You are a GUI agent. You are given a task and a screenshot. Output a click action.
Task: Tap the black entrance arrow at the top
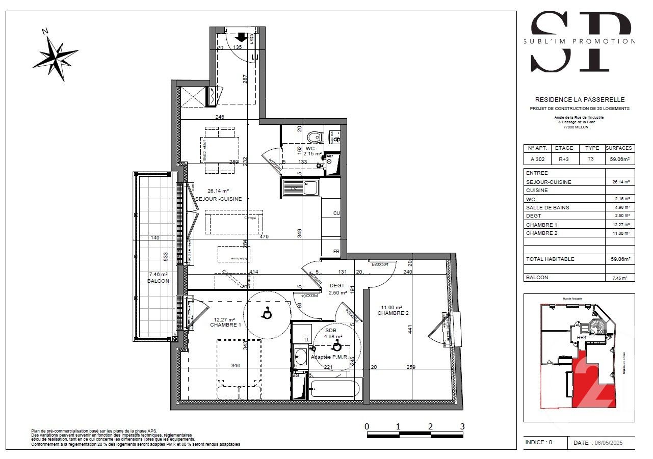pos(241,38)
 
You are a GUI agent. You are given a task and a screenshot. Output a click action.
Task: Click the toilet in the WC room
pos(315,137)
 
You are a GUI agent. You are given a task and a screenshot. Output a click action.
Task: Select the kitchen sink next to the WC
pos(301,188)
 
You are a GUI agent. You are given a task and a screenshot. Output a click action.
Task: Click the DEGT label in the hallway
pos(337,286)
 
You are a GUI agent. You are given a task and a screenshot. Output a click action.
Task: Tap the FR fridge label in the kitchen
pos(336,252)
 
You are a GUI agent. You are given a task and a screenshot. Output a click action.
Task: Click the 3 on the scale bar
pos(462,426)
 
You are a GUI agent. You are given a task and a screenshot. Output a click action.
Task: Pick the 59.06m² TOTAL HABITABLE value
pos(619,259)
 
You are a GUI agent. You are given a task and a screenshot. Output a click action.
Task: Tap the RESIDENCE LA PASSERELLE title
pos(579,100)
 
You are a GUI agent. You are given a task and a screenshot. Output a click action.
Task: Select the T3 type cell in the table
pos(590,158)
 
